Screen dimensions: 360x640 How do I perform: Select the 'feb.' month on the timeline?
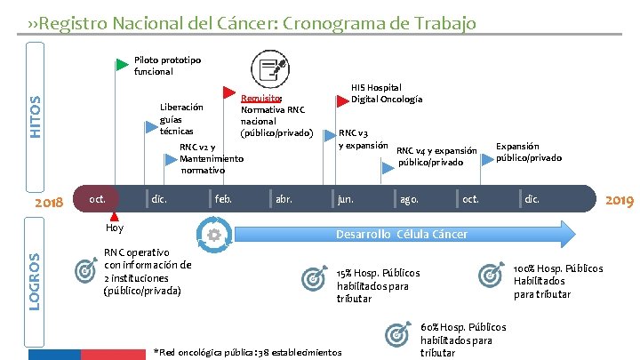coord(224,199)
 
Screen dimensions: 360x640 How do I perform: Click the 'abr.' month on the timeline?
coord(284,199)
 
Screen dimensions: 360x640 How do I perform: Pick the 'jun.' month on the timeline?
coord(345,199)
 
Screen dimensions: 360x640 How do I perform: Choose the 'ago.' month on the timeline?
coord(409,199)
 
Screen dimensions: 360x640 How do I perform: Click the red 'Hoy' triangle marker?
coord(113,216)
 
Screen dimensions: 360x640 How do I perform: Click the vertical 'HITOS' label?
coord(36,116)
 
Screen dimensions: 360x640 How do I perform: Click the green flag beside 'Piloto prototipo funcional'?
coord(122,64)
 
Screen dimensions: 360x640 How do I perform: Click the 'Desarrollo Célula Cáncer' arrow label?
coord(401,234)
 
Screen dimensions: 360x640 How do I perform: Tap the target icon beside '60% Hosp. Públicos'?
coord(396,335)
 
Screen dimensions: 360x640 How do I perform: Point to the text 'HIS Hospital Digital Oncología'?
coord(387,93)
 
